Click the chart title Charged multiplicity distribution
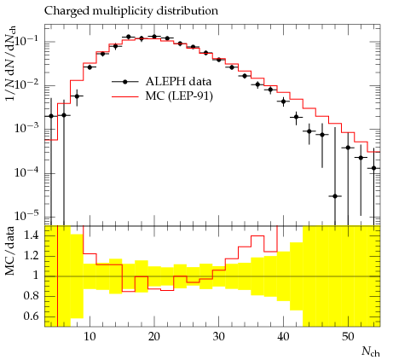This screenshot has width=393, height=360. [x=131, y=11]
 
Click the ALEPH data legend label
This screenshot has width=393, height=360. [x=178, y=82]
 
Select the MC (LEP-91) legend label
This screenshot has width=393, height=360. [x=179, y=96]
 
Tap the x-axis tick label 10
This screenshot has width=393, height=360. [x=90, y=337]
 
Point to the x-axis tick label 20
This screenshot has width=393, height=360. [x=154, y=337]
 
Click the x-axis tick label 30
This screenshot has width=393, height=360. [x=219, y=337]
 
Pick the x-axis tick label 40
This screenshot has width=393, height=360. [x=283, y=337]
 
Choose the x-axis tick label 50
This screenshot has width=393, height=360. [x=348, y=337]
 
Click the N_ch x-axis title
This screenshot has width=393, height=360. [x=371, y=351]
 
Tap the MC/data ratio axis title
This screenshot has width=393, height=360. [x=10, y=251]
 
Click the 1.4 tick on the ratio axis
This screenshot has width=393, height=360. [x=32, y=236]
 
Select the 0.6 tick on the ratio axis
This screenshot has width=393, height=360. [x=32, y=316]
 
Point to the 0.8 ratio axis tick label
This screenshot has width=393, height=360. [x=32, y=296]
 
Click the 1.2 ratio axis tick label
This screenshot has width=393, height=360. [x=32, y=256]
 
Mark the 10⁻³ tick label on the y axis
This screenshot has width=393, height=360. [x=27, y=128]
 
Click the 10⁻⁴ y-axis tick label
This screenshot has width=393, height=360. [x=27, y=171]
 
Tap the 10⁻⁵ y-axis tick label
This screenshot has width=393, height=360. [x=27, y=216]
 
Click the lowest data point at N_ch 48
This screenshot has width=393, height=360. [x=335, y=196]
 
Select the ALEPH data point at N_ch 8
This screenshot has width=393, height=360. [x=77, y=96]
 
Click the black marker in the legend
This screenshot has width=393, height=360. [x=124, y=82]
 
